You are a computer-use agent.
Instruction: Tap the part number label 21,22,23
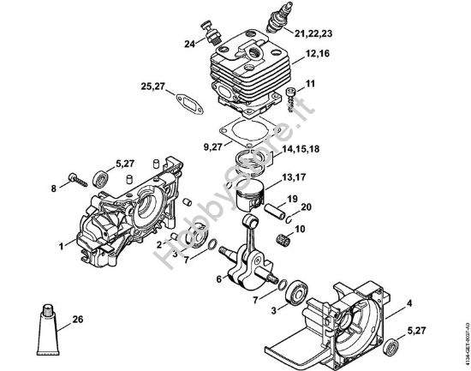pos(314,33)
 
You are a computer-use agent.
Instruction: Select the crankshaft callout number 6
pos(218,278)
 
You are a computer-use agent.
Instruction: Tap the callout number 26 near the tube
pos(79,320)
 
